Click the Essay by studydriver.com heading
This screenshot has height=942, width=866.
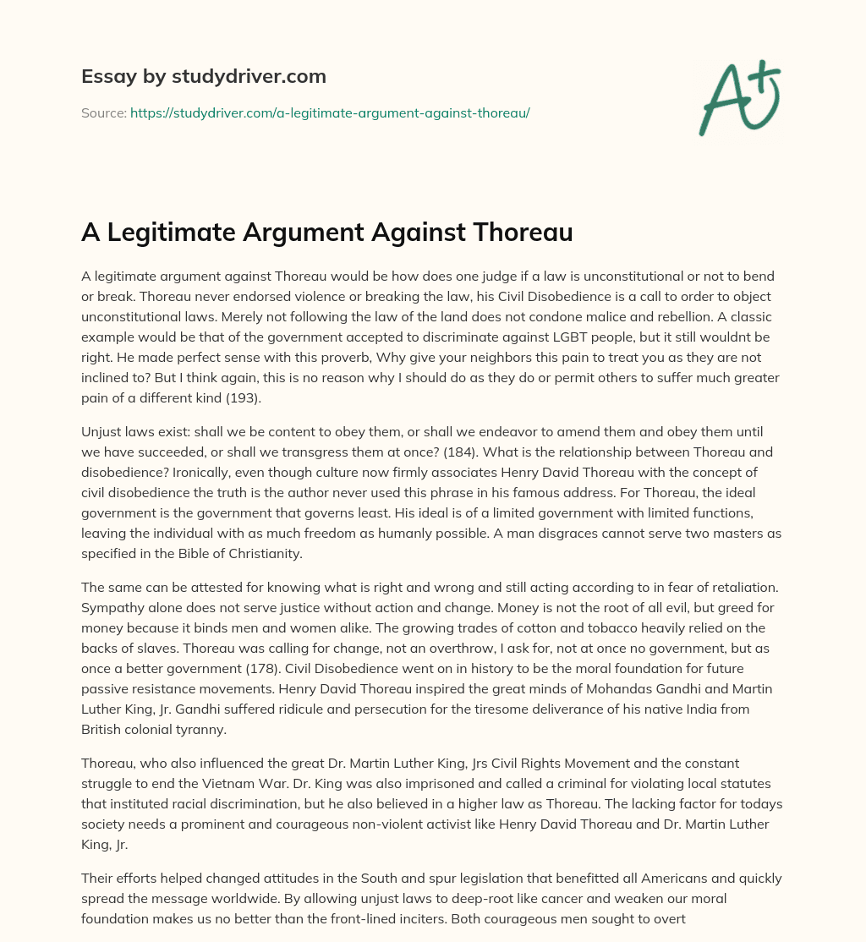pos(203,76)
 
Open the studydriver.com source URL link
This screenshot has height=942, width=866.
pos(330,112)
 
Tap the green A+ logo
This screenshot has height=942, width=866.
pos(738,98)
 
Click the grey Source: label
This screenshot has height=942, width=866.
pos(103,112)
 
